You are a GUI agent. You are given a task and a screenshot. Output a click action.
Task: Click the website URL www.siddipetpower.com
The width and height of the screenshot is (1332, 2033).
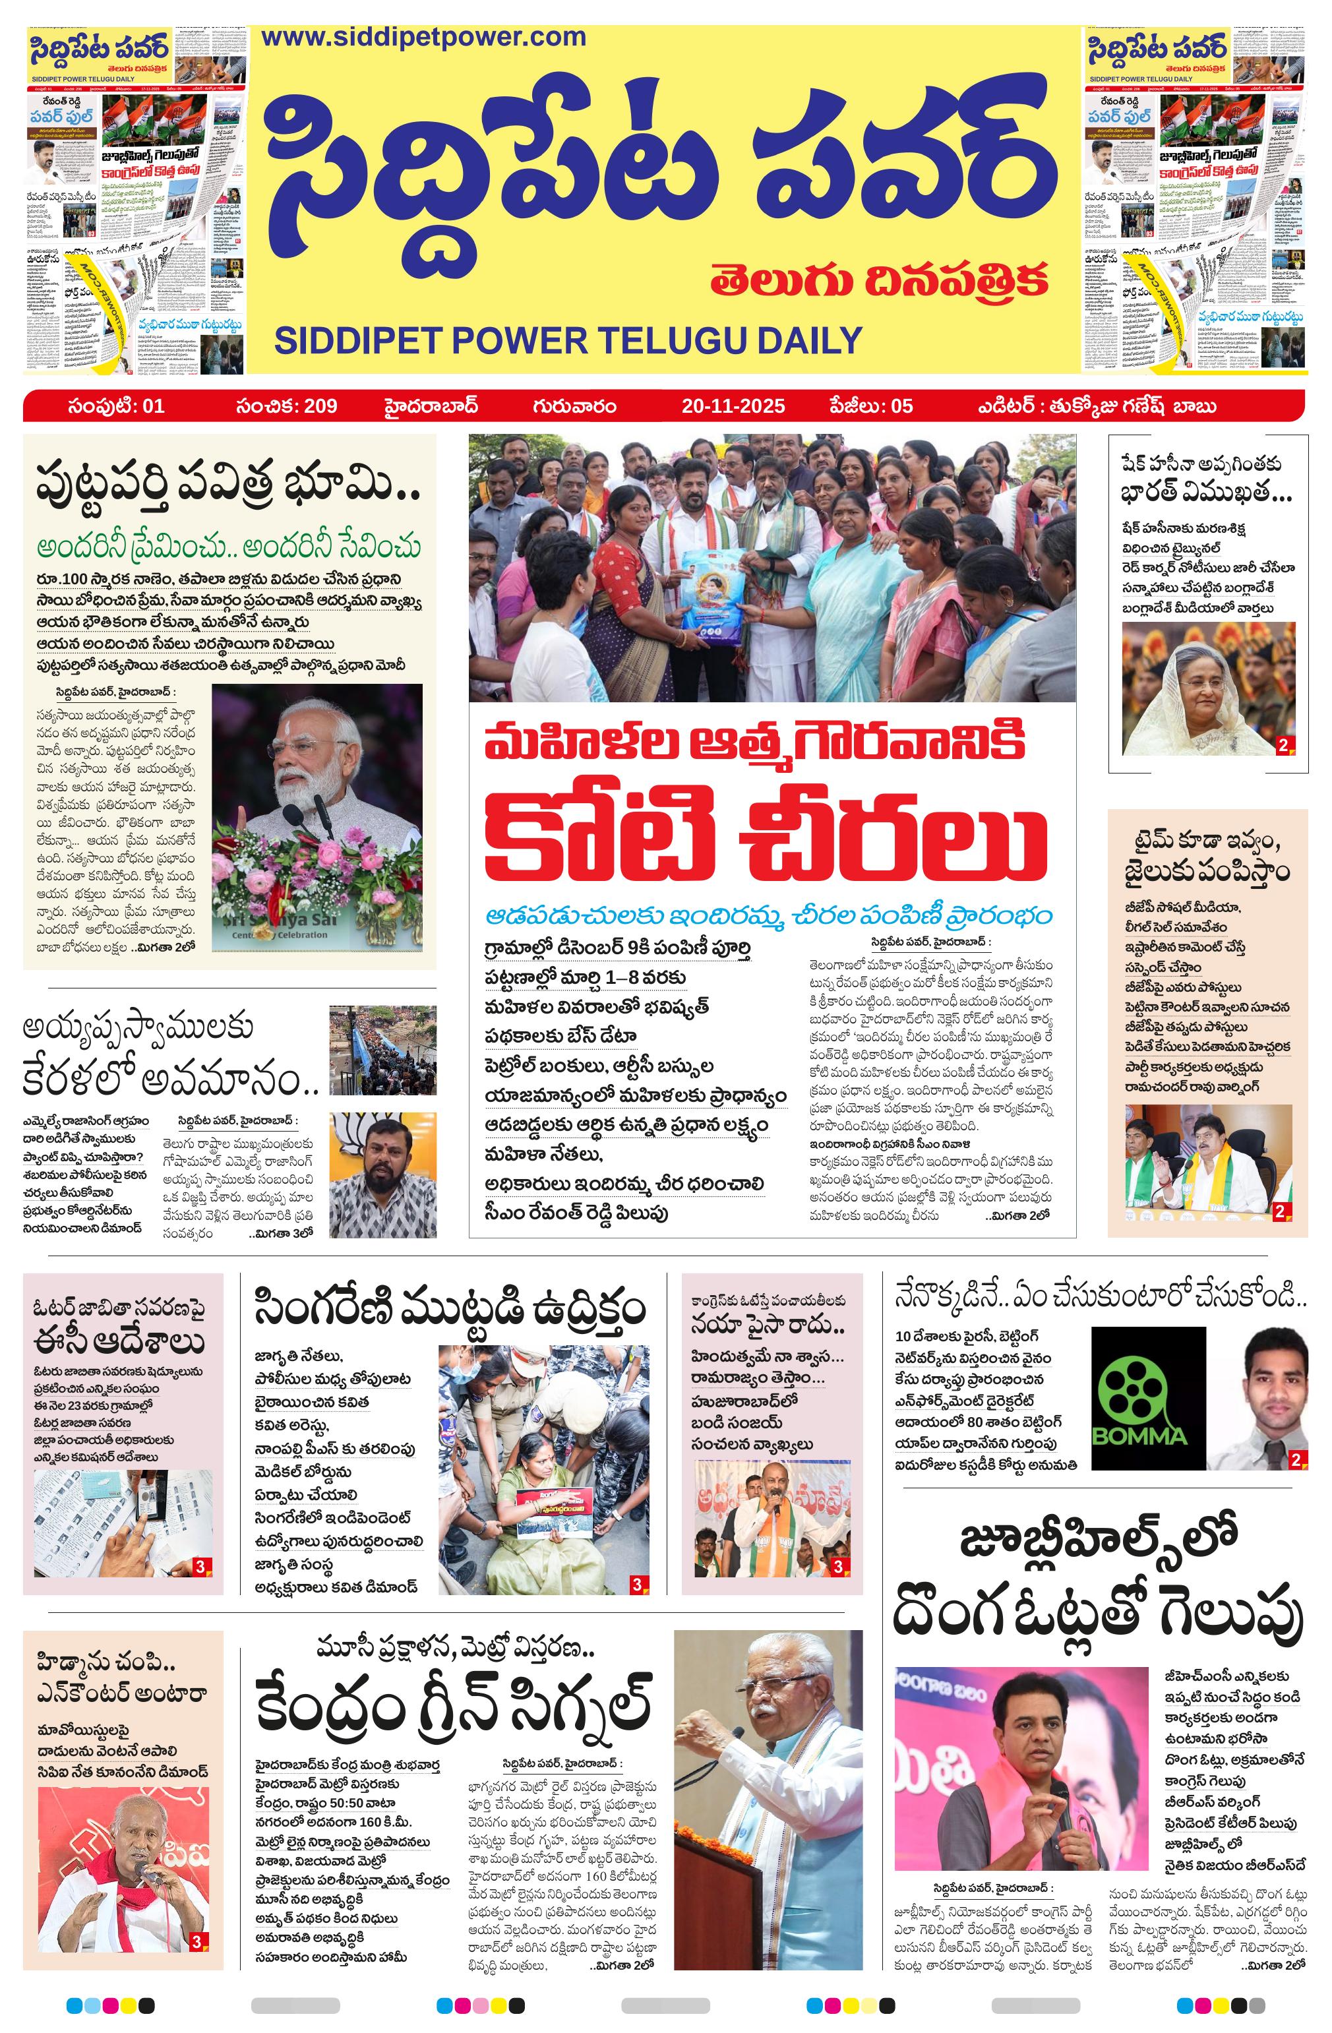(424, 38)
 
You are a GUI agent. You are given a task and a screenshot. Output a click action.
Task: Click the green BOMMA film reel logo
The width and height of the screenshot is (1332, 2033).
(1139, 1399)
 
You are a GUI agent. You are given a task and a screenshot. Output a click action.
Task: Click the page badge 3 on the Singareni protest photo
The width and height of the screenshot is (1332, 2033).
(636, 1585)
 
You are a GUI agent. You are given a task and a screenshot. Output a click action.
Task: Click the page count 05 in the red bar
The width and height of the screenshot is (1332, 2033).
(901, 407)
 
